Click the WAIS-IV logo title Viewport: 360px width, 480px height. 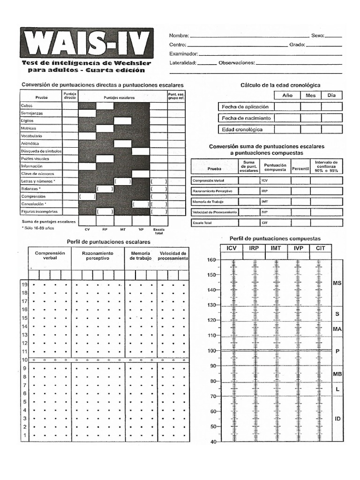(x=86, y=43)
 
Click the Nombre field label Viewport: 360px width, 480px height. (x=179, y=36)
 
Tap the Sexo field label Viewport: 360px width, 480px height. (x=317, y=36)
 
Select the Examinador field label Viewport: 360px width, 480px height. (x=183, y=54)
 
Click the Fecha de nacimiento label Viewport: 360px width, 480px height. (x=246, y=118)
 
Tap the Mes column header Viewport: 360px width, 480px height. (x=311, y=95)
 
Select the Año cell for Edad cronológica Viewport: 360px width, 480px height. (x=287, y=129)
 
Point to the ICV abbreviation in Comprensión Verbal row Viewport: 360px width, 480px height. (x=265, y=180)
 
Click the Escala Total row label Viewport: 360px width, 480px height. (x=202, y=223)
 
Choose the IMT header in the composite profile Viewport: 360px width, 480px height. (x=276, y=248)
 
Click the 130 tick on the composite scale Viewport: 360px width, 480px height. (x=211, y=305)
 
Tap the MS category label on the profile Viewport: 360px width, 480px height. (x=337, y=283)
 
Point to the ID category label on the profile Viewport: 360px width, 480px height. (x=337, y=419)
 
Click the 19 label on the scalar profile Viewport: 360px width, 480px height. (x=24, y=285)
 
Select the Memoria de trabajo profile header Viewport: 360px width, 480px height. (x=141, y=255)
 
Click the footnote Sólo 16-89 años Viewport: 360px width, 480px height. (x=38, y=228)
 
